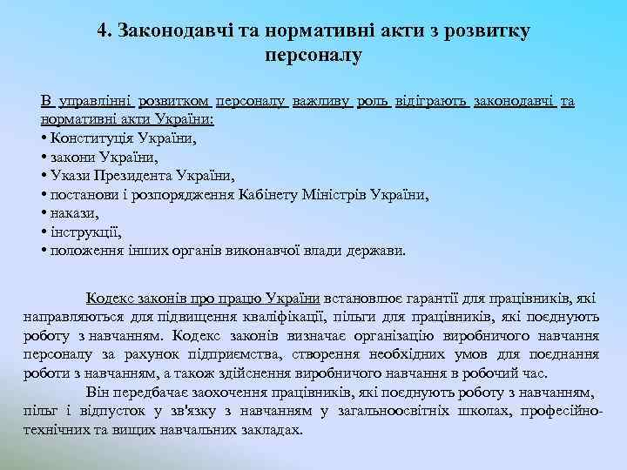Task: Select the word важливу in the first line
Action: tap(322, 102)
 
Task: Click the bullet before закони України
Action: tap(43, 158)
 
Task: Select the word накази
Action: tap(72, 213)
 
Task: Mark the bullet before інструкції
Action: tap(43, 232)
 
